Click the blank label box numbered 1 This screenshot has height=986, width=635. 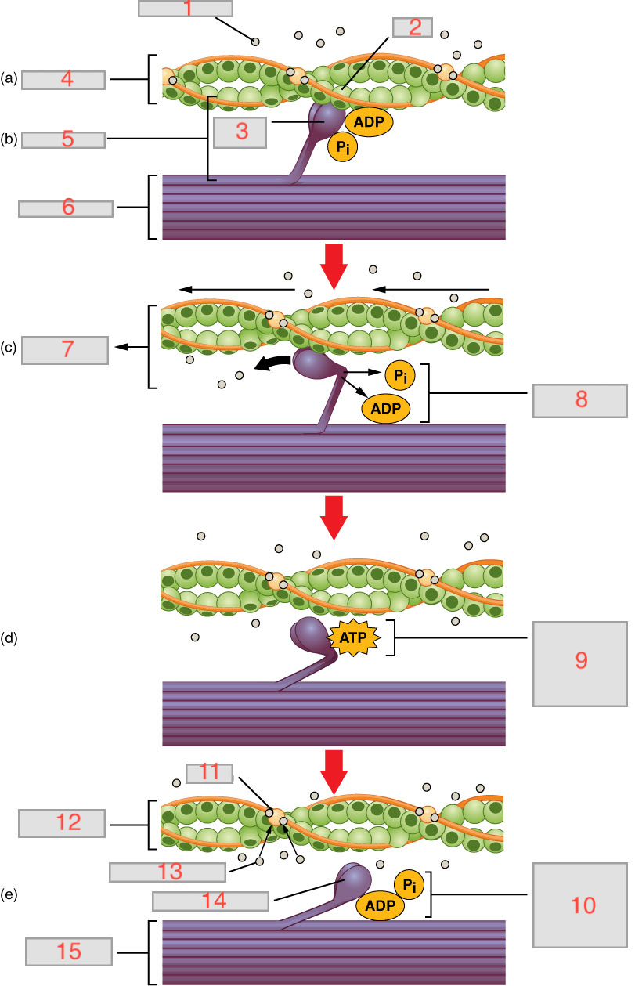pos(186,9)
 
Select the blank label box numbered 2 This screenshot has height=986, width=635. pos(414,27)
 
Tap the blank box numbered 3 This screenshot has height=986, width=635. pos(241,132)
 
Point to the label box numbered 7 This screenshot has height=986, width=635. pos(65,350)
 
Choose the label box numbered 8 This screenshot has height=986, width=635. pos(580,400)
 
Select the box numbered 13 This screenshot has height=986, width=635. pos(168,872)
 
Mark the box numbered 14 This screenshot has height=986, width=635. pos(211,901)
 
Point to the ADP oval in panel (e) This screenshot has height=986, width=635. pos(380,906)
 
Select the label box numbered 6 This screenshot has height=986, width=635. pos(65,208)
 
